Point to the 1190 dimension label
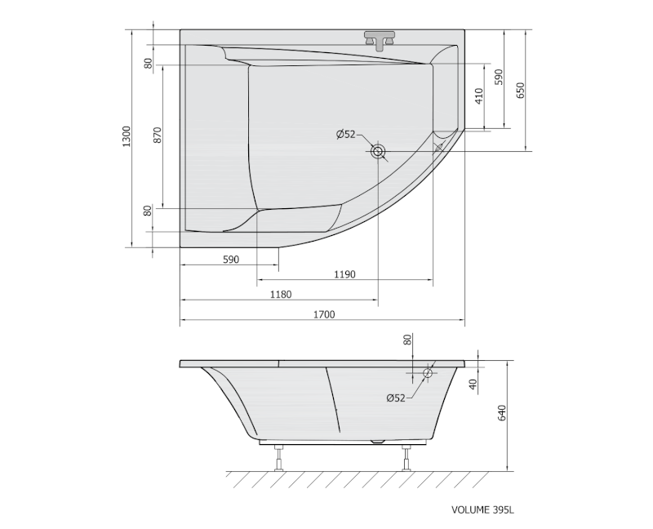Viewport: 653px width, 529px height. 344,274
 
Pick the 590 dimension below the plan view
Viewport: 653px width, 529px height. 230,260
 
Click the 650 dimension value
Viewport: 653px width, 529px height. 521,91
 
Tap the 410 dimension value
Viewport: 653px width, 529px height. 479,96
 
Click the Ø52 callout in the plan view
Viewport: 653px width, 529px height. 346,135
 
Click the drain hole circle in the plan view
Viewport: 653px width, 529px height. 379,151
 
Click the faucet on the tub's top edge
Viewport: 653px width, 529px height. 379,40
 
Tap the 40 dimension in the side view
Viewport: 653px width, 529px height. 473,384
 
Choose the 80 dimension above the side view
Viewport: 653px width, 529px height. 408,340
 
